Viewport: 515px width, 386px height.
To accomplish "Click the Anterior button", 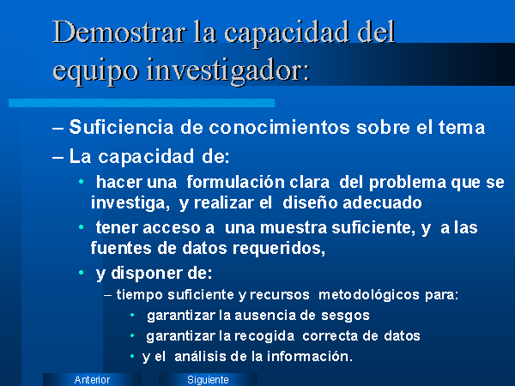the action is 92,379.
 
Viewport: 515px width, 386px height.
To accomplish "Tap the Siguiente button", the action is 208,379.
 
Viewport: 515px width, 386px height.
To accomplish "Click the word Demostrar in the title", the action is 119,32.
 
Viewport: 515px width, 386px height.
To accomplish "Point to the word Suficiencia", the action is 121,127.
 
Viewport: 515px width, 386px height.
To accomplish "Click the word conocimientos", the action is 279,127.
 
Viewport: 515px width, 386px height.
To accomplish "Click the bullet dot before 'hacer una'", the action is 82,182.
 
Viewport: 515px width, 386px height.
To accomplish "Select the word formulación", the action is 235,182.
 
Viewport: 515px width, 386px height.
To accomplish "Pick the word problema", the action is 408,183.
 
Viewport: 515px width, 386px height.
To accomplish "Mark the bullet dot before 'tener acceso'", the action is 82,226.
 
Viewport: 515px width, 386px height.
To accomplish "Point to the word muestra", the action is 294,228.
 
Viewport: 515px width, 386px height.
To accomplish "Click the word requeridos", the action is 279,249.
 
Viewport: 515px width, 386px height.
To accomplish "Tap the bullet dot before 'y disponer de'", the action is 82,273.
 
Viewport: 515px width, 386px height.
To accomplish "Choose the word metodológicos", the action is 369,295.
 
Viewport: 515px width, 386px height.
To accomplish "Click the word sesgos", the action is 345,316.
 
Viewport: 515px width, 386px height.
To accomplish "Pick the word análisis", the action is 200,356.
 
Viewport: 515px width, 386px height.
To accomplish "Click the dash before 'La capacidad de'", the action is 58,157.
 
